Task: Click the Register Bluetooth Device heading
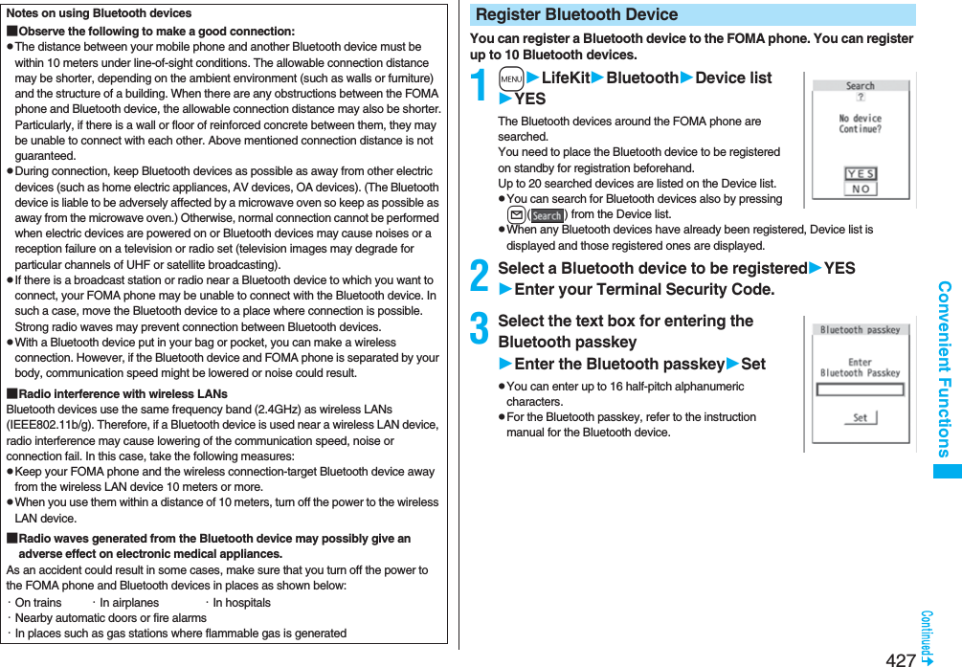(x=576, y=14)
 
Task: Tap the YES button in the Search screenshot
(x=861, y=174)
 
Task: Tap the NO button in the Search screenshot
(x=861, y=189)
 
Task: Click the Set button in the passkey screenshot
(x=860, y=418)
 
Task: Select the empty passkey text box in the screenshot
(x=860, y=389)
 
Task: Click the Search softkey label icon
(x=548, y=215)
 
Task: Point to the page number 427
(x=900, y=659)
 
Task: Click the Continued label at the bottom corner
(x=927, y=636)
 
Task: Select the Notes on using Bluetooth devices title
(x=99, y=13)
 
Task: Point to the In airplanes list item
(x=128, y=603)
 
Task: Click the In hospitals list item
(x=240, y=603)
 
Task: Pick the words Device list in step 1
(x=733, y=78)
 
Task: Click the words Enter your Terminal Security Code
(x=643, y=289)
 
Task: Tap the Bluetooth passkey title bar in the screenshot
(x=860, y=330)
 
